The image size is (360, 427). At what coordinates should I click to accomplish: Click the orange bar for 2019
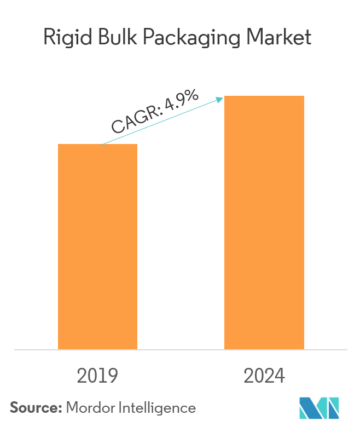97,246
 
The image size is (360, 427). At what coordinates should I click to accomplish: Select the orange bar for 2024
264,222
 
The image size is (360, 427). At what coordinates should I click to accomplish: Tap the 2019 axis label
97,376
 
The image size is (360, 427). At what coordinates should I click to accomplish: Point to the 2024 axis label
264,376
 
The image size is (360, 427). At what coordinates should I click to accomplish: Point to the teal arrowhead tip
223,98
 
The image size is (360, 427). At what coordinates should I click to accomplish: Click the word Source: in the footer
36,407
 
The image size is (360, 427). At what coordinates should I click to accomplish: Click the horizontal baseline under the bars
181,349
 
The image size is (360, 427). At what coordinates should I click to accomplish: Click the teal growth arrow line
164,121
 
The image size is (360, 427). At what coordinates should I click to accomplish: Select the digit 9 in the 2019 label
112,376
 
